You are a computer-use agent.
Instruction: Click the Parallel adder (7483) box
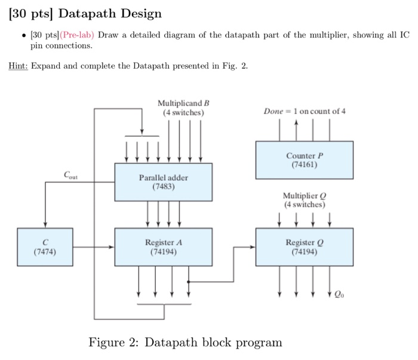164,181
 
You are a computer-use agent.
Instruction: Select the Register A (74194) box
164,246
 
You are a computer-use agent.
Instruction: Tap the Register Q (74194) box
305,246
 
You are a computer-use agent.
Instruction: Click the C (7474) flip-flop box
45,246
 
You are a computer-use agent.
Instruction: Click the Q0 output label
339,294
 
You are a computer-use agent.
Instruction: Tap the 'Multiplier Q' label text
305,196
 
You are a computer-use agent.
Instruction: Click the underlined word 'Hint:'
19,66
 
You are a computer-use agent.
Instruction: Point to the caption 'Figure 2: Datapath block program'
185,342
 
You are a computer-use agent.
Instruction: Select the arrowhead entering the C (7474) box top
45,225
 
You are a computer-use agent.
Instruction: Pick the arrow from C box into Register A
111,246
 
